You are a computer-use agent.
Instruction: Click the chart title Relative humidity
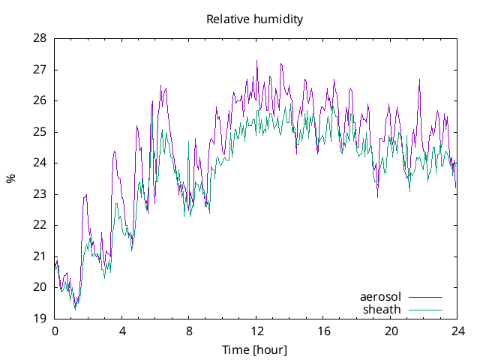[254, 19]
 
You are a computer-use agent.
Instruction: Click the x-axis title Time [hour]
[254, 350]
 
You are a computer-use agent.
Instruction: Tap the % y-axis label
[10, 178]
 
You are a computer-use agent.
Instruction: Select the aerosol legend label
[381, 297]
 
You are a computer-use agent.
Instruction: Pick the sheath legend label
[382, 309]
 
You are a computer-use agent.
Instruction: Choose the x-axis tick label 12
[256, 331]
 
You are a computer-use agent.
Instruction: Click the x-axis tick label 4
[122, 331]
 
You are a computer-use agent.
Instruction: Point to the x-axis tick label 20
[391, 331]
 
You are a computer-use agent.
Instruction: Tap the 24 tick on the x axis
[457, 331]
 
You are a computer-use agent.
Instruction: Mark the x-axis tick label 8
[189, 331]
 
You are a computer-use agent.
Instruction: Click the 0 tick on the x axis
[55, 331]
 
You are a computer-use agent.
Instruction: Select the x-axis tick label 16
[323, 331]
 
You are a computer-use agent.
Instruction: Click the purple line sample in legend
[424, 297]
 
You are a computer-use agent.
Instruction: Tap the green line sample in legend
[424, 309]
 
